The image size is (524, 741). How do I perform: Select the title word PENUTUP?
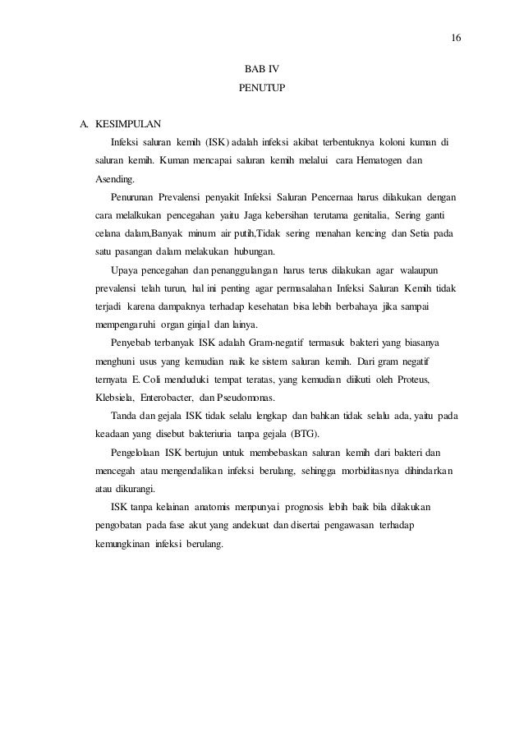tap(262, 85)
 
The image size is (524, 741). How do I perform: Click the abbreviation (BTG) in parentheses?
tap(304, 435)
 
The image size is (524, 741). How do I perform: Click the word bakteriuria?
tap(203, 435)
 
